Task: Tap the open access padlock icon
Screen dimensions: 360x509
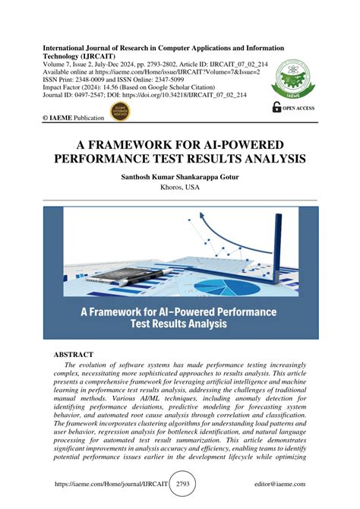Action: click(x=276, y=108)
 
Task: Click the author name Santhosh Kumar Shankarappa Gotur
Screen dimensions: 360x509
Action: click(x=180, y=175)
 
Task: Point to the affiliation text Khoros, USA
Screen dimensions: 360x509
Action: click(x=180, y=186)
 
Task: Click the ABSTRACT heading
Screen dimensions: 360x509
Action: click(x=73, y=355)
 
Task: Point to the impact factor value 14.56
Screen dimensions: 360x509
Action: click(x=124, y=87)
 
